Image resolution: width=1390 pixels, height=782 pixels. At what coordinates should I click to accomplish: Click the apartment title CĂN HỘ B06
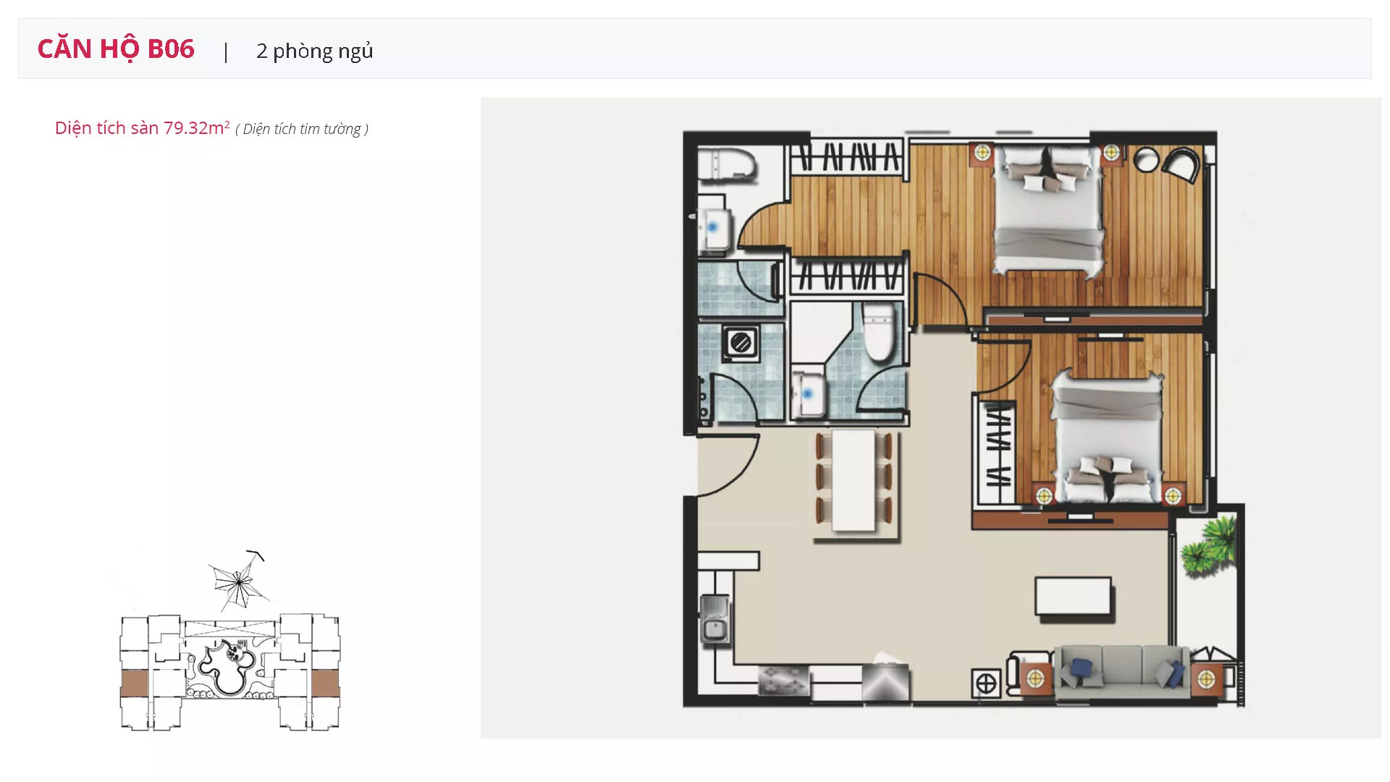(x=116, y=49)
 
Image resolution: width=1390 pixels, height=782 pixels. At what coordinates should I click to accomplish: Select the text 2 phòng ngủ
(x=315, y=51)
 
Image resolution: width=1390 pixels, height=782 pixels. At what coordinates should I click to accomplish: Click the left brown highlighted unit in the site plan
(x=134, y=684)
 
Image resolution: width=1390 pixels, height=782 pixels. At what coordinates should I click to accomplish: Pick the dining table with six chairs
(x=854, y=481)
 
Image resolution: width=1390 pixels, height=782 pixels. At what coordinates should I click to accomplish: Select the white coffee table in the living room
(x=1073, y=597)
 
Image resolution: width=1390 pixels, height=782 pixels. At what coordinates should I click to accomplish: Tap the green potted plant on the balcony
(x=1208, y=547)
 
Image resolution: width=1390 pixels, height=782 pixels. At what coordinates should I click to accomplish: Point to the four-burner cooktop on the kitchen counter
(x=783, y=681)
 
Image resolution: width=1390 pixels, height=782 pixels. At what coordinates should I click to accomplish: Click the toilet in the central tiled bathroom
(x=878, y=332)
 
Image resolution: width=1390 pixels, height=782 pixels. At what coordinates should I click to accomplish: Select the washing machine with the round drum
(x=740, y=342)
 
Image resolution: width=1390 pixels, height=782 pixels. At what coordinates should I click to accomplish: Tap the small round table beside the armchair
(x=1147, y=160)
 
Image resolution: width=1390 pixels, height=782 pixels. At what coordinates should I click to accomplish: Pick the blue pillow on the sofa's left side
(x=1081, y=670)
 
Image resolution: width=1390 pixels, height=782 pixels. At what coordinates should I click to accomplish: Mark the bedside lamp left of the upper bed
(x=982, y=153)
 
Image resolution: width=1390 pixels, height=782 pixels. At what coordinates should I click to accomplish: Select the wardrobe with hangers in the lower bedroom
(x=997, y=453)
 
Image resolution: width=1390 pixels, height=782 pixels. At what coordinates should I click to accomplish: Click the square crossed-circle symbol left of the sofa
(x=985, y=683)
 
